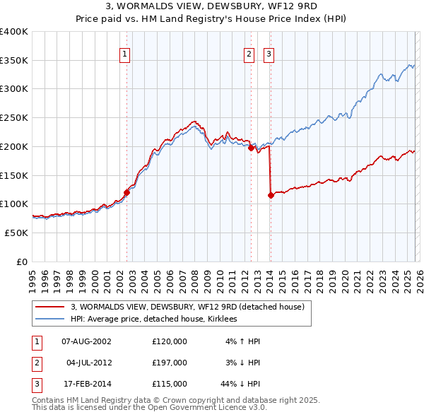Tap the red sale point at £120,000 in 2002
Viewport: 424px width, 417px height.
pos(127,192)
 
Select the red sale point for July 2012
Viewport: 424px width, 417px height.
pos(251,148)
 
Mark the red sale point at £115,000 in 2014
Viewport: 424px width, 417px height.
pos(271,195)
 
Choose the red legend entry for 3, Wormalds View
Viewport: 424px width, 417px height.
pos(187,307)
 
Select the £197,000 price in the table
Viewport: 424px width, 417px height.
pos(170,363)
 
